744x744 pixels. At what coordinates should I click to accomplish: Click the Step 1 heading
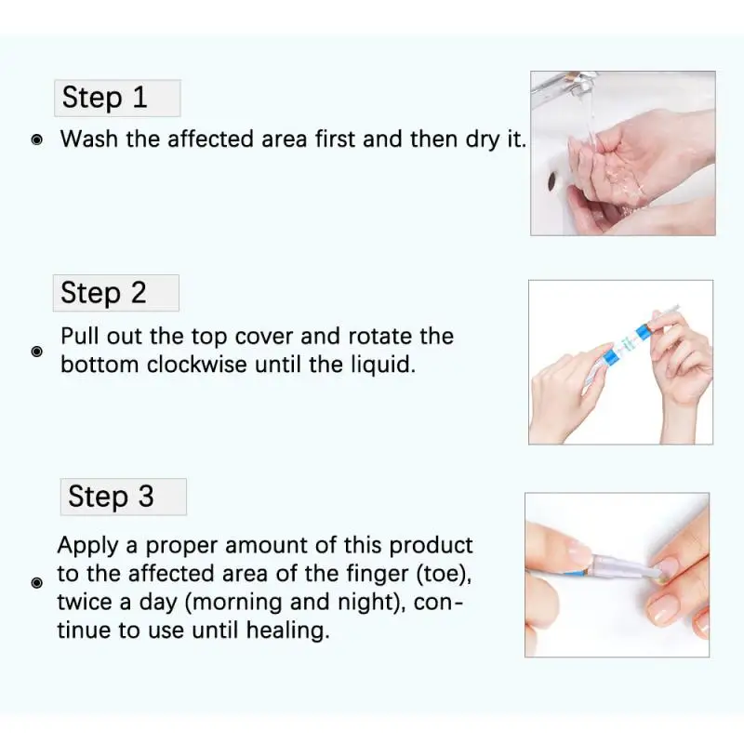tap(104, 98)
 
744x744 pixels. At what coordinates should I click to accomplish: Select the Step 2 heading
tap(103, 292)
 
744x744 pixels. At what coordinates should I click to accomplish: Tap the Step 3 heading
tap(111, 497)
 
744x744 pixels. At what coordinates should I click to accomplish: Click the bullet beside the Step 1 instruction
tap(36, 140)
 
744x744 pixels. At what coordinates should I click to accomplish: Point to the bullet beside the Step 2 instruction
tap(36, 352)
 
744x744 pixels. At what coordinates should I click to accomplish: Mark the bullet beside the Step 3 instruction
tap(36, 583)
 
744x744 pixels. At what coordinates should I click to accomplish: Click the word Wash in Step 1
tap(89, 139)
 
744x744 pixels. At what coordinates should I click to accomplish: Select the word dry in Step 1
tap(483, 140)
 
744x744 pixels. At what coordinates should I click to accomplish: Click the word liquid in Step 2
tap(383, 365)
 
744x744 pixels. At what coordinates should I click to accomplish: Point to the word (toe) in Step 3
tap(445, 574)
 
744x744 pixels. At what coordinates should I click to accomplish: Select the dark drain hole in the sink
tap(552, 181)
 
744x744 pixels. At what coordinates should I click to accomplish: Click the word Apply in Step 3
tap(87, 546)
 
